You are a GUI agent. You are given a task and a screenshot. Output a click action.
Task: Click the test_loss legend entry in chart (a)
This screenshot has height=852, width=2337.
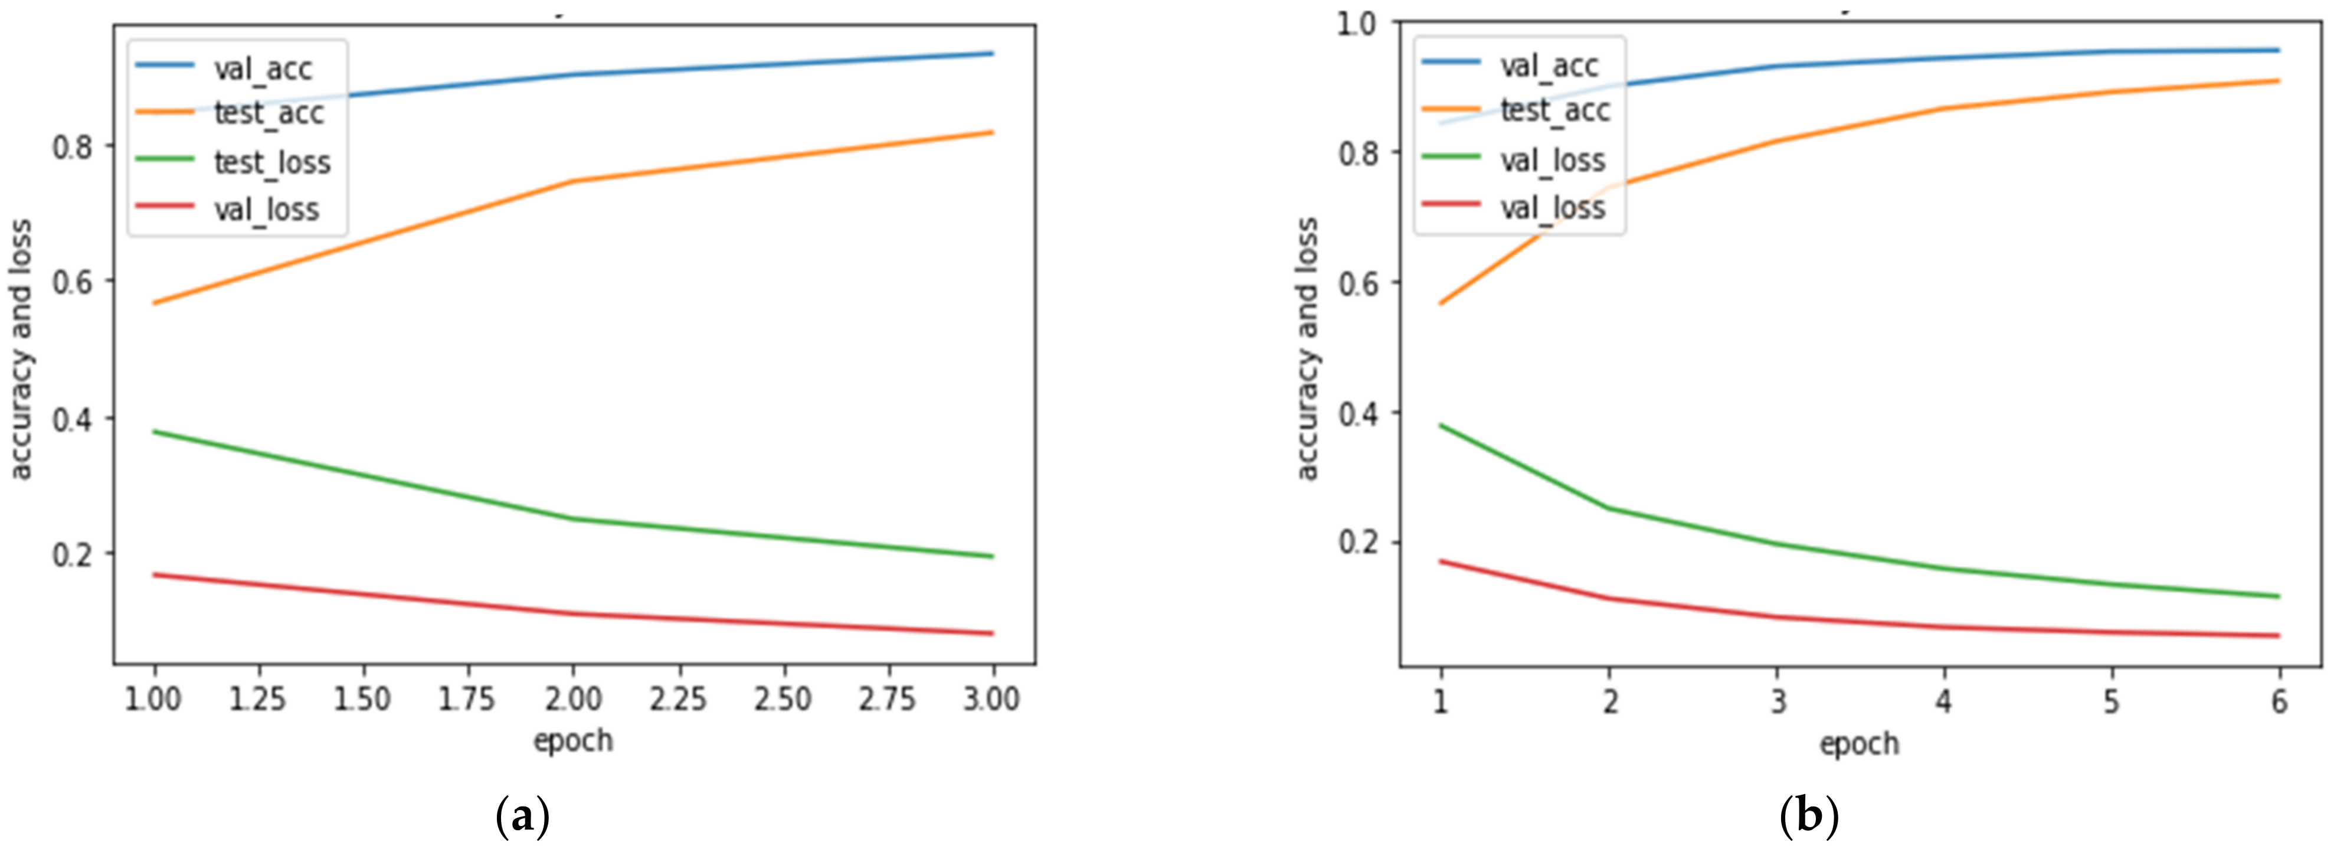[271, 162]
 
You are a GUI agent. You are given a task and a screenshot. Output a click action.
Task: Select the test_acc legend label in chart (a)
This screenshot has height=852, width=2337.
[269, 113]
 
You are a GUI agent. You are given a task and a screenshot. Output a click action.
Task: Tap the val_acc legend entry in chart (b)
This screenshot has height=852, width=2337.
[1549, 66]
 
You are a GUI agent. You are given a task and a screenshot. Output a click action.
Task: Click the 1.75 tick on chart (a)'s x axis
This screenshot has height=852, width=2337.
[467, 698]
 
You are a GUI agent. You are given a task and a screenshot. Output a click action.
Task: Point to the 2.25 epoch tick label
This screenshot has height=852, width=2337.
[677, 698]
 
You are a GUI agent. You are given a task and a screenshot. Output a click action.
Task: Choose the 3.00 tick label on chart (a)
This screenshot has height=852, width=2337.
[991, 698]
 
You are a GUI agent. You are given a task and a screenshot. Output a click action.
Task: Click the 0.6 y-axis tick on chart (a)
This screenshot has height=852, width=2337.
[73, 281]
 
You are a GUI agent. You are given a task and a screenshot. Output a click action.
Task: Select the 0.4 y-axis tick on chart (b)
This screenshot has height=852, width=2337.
[1358, 413]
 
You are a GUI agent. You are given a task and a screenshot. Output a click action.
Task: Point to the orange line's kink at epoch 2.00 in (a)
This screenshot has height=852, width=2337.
[572, 181]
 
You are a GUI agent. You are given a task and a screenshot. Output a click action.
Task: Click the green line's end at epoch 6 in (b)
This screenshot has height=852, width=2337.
[2278, 596]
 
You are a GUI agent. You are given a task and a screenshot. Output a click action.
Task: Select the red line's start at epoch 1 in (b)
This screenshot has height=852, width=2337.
[1441, 561]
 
